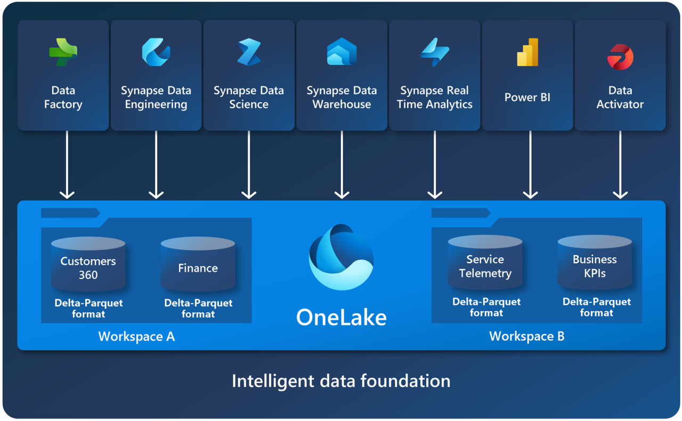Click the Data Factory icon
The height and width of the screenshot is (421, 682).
tap(63, 52)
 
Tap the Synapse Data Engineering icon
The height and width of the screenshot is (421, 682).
tap(156, 52)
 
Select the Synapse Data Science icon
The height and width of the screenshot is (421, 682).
tap(249, 52)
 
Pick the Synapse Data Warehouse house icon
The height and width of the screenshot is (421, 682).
tap(342, 52)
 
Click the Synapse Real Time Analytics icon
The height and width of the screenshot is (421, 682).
tap(435, 52)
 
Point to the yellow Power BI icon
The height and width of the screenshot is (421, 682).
tap(527, 52)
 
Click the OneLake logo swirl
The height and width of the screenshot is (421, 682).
tap(341, 257)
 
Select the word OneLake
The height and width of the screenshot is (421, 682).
tap(341, 317)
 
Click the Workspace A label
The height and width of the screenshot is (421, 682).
tap(136, 337)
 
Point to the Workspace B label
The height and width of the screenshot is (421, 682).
tap(526, 336)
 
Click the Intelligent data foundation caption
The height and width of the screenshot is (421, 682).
tap(341, 381)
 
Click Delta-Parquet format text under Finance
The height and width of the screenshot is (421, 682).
tap(198, 308)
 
